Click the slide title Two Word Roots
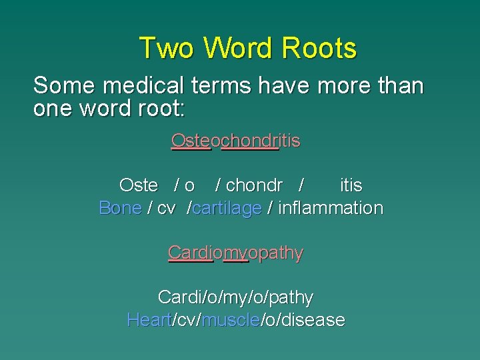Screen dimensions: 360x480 [x=247, y=49]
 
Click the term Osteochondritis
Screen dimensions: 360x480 [x=235, y=141]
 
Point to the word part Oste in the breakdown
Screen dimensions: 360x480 [x=138, y=185]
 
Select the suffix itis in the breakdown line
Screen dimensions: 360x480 [x=351, y=185]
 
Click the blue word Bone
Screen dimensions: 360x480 [x=120, y=208]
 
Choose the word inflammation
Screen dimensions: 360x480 [x=330, y=208]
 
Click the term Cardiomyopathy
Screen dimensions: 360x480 [x=235, y=253]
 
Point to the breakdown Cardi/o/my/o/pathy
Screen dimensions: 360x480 [x=235, y=297]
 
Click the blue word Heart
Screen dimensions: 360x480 [x=149, y=320]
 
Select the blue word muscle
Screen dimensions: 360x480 [x=230, y=320]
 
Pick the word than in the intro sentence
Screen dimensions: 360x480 [x=400, y=86]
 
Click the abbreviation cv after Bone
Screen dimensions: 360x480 [x=166, y=208]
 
